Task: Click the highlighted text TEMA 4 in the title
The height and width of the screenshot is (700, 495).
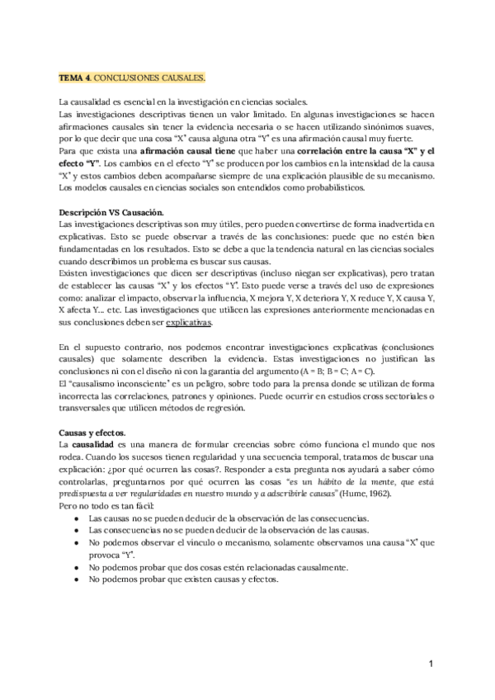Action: tap(74, 77)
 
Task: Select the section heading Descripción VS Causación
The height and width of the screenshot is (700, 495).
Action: tap(111, 213)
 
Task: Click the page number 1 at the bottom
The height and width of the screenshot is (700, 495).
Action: tap(431, 664)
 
